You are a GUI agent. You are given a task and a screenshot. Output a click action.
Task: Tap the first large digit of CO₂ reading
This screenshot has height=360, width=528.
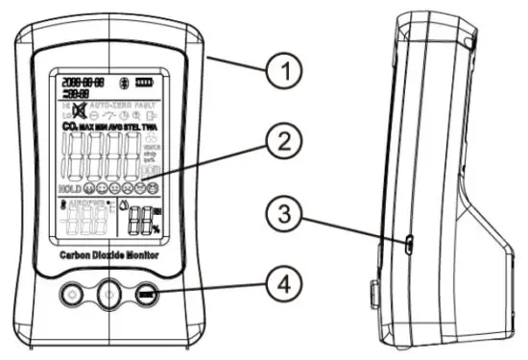tap(70, 156)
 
